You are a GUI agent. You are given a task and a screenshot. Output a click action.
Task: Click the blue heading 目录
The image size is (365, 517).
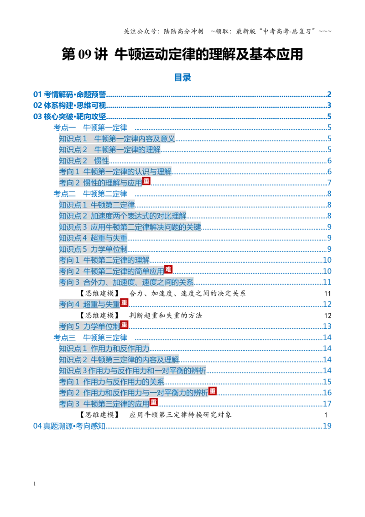182,78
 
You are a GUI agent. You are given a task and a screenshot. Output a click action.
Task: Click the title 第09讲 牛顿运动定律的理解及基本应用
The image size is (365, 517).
182,54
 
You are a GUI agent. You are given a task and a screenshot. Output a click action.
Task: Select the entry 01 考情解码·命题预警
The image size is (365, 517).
69,95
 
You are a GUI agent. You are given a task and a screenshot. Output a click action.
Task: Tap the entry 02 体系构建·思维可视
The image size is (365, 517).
69,106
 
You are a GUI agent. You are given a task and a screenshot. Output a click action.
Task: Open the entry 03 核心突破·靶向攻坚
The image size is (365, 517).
69,117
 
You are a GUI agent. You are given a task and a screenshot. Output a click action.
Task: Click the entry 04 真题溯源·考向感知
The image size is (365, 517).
69,426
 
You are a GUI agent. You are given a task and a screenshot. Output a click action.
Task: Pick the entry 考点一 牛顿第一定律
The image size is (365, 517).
90,127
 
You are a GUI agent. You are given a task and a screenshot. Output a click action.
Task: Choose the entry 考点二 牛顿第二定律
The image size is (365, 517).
90,194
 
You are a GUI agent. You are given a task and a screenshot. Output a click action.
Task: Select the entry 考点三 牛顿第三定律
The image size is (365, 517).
90,338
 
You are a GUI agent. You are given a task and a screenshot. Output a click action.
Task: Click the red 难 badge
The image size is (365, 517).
168,269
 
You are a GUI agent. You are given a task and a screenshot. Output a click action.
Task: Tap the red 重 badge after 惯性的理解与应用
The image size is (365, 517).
146,181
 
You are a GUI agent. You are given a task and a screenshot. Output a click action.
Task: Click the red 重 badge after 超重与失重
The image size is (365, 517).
124,302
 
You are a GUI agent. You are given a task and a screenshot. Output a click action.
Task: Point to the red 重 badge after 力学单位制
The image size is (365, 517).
124,324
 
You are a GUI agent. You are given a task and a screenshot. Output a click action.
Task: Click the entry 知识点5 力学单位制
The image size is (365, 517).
93,249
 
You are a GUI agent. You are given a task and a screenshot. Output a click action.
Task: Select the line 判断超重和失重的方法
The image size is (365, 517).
166,316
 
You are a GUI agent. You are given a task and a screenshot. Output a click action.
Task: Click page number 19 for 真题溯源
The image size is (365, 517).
327,426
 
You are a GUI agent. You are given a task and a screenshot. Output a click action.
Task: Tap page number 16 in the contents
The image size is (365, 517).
327,393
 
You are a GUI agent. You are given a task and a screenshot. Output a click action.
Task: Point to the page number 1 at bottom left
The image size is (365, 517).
35,484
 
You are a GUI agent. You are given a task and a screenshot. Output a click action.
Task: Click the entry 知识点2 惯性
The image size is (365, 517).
84,161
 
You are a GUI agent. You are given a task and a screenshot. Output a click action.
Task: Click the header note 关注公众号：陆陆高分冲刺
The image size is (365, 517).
163,32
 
